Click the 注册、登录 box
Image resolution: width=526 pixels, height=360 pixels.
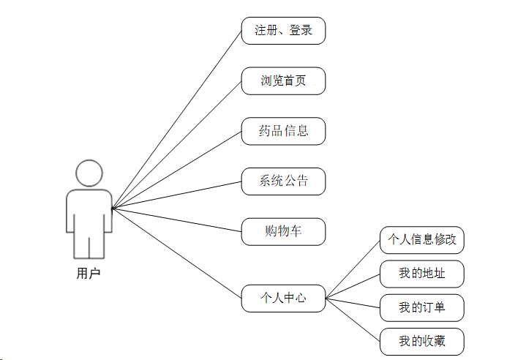pyautogui.click(x=283, y=31)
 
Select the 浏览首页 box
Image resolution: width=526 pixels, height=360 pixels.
pyautogui.click(x=283, y=80)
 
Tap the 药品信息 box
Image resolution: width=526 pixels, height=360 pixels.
pyautogui.click(x=283, y=131)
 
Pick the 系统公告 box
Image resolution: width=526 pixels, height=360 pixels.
pyautogui.click(x=283, y=181)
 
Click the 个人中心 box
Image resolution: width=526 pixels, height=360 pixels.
pyautogui.click(x=283, y=298)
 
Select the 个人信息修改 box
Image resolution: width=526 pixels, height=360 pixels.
pyautogui.click(x=422, y=239)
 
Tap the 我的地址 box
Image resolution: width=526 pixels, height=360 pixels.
pyautogui.click(x=422, y=274)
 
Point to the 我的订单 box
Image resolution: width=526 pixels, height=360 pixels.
pyautogui.click(x=422, y=308)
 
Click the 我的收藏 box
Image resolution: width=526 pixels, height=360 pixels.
pyautogui.click(x=422, y=342)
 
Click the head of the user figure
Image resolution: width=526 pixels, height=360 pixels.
pyautogui.click(x=89, y=173)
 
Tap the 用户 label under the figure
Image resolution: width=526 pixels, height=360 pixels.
pyautogui.click(x=89, y=274)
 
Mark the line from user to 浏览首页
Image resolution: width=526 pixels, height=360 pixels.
pyautogui.click(x=176, y=145)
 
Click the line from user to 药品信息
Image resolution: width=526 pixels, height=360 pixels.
pyautogui.click(x=176, y=170)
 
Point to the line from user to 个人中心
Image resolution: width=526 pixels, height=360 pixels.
pyautogui.click(x=176, y=253)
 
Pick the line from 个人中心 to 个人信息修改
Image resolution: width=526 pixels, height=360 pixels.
pyautogui.click(x=353, y=269)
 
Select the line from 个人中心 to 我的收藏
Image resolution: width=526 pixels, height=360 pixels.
pyautogui.click(x=353, y=320)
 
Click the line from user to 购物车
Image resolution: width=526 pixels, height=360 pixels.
pyautogui.click(x=176, y=220)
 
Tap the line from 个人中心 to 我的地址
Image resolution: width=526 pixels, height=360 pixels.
pyautogui.click(x=353, y=285)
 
